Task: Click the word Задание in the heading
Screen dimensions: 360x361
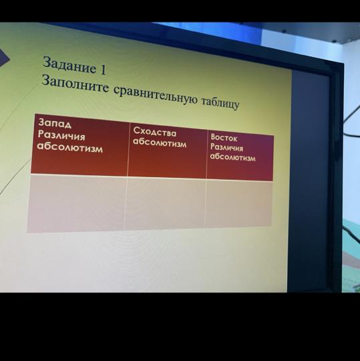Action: click(x=69, y=65)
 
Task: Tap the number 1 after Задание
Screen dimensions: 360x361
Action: click(x=103, y=70)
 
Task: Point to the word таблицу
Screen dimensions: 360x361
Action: click(x=220, y=103)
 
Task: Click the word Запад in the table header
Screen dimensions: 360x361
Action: click(x=55, y=124)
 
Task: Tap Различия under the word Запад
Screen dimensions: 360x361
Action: click(x=61, y=136)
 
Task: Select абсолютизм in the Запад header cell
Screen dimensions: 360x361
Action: click(x=70, y=147)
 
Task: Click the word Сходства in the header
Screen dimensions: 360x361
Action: click(x=155, y=132)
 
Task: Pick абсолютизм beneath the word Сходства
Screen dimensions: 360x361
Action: click(x=160, y=143)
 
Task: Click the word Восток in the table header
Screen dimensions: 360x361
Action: click(x=224, y=138)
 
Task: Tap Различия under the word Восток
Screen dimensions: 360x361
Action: click(x=226, y=147)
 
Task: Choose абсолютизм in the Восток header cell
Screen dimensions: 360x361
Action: click(x=232, y=157)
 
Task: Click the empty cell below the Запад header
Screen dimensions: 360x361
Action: click(x=77, y=203)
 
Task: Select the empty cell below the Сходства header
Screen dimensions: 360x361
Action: click(x=165, y=204)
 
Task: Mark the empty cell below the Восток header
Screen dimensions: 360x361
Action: click(x=238, y=203)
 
